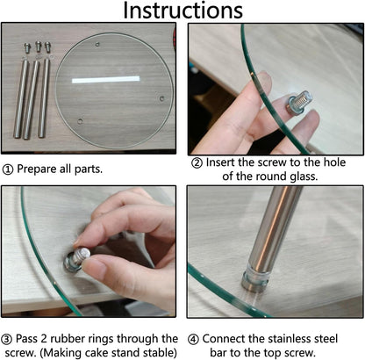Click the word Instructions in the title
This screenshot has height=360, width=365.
pyautogui.click(x=182, y=11)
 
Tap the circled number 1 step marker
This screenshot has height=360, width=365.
pyautogui.click(x=8, y=169)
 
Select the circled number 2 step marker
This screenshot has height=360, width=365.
pyautogui.click(x=197, y=162)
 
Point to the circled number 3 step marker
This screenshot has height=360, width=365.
pyautogui.click(x=7, y=339)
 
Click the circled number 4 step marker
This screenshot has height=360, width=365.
pyautogui.click(x=193, y=339)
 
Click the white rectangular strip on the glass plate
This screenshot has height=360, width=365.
pyautogui.click(x=105, y=79)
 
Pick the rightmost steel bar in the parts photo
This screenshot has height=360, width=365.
pyautogui.click(x=44, y=98)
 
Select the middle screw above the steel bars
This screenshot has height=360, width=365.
pyautogui.click(x=39, y=47)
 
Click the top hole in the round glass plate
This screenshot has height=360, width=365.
pyautogui.click(x=97, y=45)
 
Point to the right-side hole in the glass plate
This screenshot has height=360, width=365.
pyautogui.click(x=161, y=98)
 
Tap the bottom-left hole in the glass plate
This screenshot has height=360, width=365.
pyautogui.click(x=80, y=121)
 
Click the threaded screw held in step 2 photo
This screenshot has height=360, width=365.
pyautogui.click(x=299, y=103)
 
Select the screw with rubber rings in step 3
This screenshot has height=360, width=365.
pyautogui.click(x=76, y=259)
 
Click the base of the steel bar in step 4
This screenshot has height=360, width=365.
pyautogui.click(x=254, y=280)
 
